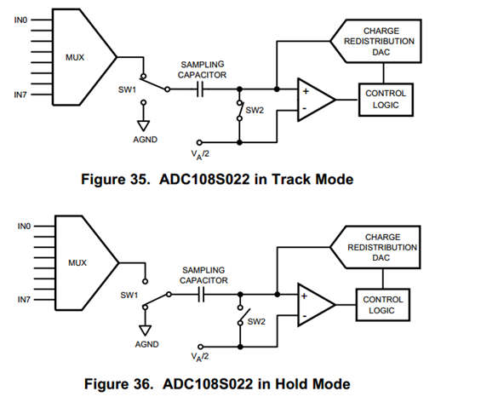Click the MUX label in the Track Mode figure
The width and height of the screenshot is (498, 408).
(x=75, y=58)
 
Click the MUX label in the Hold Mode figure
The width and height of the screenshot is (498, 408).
(x=77, y=263)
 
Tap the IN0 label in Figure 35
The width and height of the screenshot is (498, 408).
(x=21, y=20)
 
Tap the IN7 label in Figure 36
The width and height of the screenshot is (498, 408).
(x=24, y=300)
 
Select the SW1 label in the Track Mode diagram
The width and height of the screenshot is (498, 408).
(x=127, y=90)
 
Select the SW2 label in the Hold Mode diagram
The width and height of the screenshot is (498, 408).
(x=256, y=322)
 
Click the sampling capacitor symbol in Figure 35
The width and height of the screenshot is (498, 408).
(x=200, y=89)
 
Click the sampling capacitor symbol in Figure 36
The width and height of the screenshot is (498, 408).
(x=201, y=295)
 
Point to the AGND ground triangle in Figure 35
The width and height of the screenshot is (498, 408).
(x=144, y=126)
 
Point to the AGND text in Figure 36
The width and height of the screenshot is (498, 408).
(x=146, y=344)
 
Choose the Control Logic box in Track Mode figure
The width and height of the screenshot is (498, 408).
(x=386, y=100)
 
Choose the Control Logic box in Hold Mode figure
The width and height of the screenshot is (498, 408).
(x=383, y=305)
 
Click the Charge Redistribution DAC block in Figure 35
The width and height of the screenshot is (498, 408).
(x=376, y=41)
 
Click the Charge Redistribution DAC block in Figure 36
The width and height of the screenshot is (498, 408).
(x=375, y=247)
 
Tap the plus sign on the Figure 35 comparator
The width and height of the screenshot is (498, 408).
(x=306, y=91)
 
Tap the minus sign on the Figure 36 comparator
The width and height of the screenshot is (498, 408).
(x=304, y=316)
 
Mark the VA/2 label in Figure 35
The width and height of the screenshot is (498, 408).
(x=200, y=155)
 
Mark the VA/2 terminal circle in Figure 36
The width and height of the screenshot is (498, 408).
(x=200, y=347)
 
